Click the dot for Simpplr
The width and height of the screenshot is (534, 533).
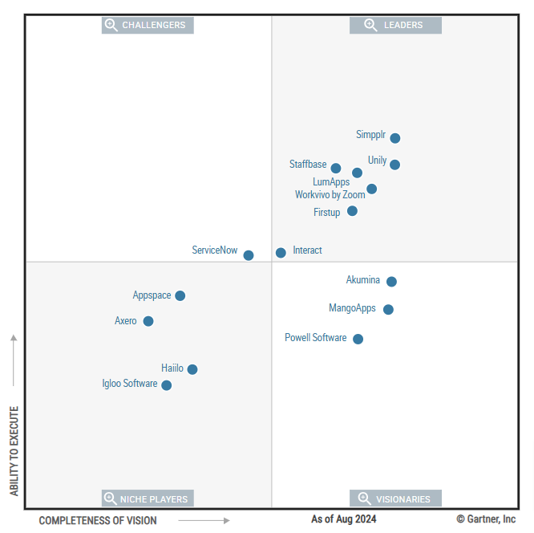(x=394, y=138)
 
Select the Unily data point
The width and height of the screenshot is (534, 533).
(x=394, y=165)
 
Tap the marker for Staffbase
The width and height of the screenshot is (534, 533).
(x=336, y=169)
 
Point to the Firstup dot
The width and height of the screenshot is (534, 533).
(x=352, y=211)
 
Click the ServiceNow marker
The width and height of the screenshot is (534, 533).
(x=249, y=255)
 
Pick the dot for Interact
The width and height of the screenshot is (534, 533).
(x=281, y=253)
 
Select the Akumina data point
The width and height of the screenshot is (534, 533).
(x=391, y=282)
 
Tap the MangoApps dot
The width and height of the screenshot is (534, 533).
(x=388, y=309)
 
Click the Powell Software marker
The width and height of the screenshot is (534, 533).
(x=358, y=339)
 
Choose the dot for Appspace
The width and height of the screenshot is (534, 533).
(x=180, y=295)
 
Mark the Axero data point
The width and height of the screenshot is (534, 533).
(x=148, y=321)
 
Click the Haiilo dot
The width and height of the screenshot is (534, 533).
(x=192, y=369)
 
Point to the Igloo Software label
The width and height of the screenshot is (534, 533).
(x=130, y=384)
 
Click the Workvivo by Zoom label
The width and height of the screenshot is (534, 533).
(x=330, y=195)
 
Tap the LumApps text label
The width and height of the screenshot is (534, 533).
(x=331, y=182)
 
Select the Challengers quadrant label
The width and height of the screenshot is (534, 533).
(x=153, y=25)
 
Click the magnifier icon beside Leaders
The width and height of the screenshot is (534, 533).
(x=370, y=25)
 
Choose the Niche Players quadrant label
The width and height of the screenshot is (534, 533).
(x=154, y=498)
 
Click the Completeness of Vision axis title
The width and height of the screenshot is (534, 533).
(x=98, y=520)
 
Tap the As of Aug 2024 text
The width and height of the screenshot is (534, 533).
(x=343, y=519)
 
